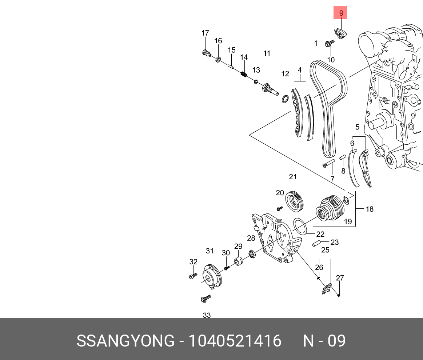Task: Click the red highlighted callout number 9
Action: [341, 13]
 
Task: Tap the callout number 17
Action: [205, 33]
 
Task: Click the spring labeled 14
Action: [244, 75]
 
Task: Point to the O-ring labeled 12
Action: [286, 98]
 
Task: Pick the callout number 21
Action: [293, 177]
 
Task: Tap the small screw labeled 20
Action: [280, 208]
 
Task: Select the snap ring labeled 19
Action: [347, 200]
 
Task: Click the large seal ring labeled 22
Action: [300, 227]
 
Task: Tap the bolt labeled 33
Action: [205, 299]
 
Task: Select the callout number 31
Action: [209, 251]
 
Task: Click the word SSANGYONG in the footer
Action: [125, 341]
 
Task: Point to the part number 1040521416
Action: [234, 341]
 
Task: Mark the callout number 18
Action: [369, 209]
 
